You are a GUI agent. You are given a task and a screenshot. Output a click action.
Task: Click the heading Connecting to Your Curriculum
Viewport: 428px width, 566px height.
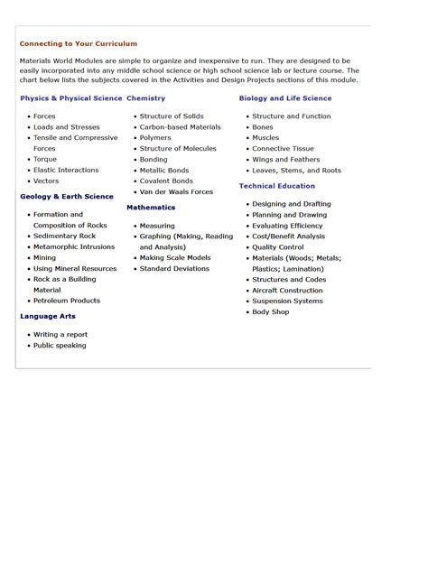click(79, 43)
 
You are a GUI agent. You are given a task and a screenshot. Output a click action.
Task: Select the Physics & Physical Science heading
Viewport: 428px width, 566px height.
click(70, 98)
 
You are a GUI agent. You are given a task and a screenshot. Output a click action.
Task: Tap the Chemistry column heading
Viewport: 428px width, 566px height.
click(145, 98)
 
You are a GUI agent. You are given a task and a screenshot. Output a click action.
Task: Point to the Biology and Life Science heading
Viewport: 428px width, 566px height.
click(284, 98)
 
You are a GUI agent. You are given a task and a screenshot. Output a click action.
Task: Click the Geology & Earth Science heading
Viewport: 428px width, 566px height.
click(67, 196)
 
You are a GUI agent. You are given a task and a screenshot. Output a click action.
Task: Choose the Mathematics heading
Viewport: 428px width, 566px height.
click(151, 208)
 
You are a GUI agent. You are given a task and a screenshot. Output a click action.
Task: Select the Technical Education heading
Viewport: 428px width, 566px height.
click(277, 186)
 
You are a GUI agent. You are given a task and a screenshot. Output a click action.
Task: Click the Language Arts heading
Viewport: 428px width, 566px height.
click(48, 317)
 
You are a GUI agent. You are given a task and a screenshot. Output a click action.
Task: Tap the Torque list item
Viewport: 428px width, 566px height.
click(44, 160)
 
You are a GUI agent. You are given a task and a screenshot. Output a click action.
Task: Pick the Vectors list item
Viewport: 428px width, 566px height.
click(46, 181)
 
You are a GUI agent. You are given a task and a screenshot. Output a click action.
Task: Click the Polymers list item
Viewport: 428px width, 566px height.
click(155, 138)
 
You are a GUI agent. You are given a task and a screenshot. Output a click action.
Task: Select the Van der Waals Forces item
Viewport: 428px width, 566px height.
click(176, 192)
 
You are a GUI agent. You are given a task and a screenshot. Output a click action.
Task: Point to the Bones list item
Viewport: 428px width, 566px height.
click(262, 127)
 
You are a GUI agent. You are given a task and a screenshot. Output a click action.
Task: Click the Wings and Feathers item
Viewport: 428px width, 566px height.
click(285, 160)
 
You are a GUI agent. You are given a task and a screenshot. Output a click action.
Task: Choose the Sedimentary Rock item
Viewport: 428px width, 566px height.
click(64, 237)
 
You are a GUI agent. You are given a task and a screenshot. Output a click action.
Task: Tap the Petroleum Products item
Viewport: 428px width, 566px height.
click(67, 301)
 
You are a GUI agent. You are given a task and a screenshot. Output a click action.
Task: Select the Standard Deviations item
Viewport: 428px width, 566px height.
click(175, 269)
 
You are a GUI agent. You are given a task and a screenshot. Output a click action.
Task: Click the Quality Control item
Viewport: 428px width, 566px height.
click(278, 247)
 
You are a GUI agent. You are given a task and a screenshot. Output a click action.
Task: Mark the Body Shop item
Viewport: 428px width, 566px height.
click(270, 312)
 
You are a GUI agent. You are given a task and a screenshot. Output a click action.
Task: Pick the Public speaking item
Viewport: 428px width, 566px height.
click(60, 346)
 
